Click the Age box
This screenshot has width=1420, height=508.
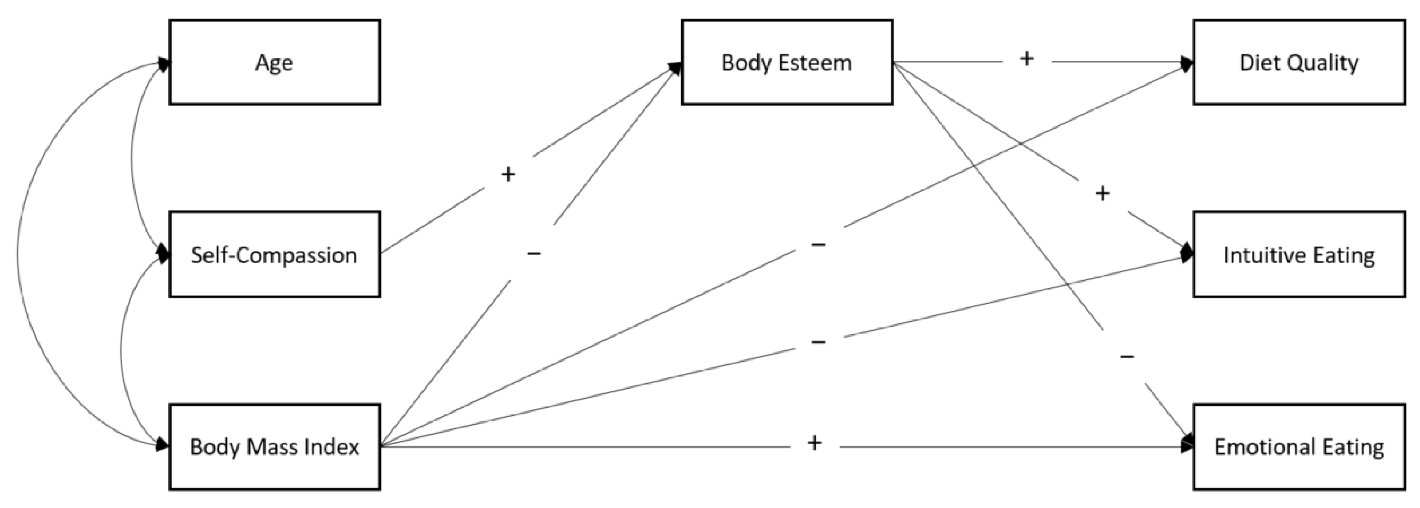tap(275, 62)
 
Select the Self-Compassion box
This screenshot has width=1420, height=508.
tap(275, 254)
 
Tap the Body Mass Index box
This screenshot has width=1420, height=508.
tap(275, 446)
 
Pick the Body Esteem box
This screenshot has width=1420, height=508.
tap(787, 62)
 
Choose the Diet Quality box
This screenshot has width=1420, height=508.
tap(1299, 62)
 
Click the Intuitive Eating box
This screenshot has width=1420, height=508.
tap(1299, 254)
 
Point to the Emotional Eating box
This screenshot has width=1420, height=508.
tap(1299, 446)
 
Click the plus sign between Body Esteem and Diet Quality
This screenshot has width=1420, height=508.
tap(1026, 58)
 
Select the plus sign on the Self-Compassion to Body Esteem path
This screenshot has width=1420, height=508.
tap(508, 174)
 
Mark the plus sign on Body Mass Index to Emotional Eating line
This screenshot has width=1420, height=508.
tap(815, 443)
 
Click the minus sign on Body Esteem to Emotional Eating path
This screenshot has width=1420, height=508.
tap(1127, 357)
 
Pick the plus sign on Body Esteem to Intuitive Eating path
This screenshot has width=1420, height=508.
tap(1102, 193)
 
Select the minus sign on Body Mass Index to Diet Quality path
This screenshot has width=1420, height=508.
tap(819, 244)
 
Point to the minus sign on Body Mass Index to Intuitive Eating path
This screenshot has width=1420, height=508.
tap(819, 342)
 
